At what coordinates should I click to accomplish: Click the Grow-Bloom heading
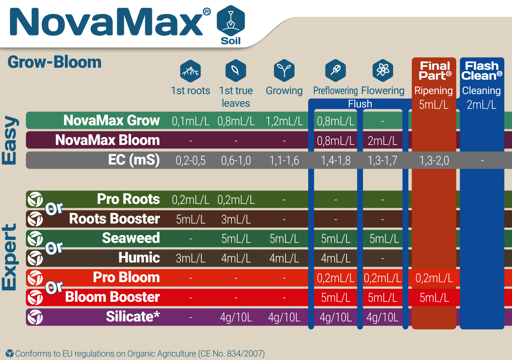[54, 62]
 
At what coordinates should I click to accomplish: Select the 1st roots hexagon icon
[190, 71]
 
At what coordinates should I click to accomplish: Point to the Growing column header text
[284, 91]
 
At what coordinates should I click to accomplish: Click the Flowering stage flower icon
[383, 70]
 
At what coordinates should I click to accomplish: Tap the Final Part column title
[434, 71]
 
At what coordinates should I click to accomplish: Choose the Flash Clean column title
[481, 71]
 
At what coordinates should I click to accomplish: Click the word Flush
[360, 104]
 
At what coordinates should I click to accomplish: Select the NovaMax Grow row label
[112, 121]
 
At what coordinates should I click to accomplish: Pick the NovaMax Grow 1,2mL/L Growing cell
[284, 121]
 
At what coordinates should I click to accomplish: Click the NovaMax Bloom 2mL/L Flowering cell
[382, 141]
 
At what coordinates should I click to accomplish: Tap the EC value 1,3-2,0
[434, 161]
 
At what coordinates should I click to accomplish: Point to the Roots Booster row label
[114, 219]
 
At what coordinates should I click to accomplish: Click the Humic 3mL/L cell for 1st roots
[190, 259]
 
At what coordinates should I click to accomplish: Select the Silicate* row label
[133, 317]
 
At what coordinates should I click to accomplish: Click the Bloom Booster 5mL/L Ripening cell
[434, 298]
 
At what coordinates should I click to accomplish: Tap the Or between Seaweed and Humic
[54, 248]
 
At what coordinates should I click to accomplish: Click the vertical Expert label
[9, 257]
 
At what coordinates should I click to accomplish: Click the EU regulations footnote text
[140, 354]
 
